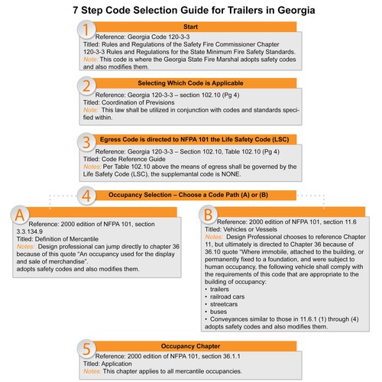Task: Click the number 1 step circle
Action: tap(86, 30)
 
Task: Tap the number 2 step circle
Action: tap(86, 86)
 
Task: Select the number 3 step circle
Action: tap(86, 142)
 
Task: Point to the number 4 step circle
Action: tap(86, 196)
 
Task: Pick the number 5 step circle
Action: tap(86, 348)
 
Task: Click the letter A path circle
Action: tap(20, 215)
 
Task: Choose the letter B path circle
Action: tap(208, 215)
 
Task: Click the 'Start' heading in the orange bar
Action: tap(190, 27)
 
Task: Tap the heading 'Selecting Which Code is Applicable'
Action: tap(190, 83)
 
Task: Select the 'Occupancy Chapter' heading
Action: tap(190, 346)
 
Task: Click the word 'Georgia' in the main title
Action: tap(296, 11)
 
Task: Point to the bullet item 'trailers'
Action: tap(219, 290)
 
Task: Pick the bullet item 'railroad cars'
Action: tap(227, 296)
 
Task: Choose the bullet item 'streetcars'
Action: tap(224, 304)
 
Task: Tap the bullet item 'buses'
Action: tap(219, 312)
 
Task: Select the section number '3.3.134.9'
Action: tap(30, 231)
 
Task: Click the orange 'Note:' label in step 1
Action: tap(91, 60)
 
